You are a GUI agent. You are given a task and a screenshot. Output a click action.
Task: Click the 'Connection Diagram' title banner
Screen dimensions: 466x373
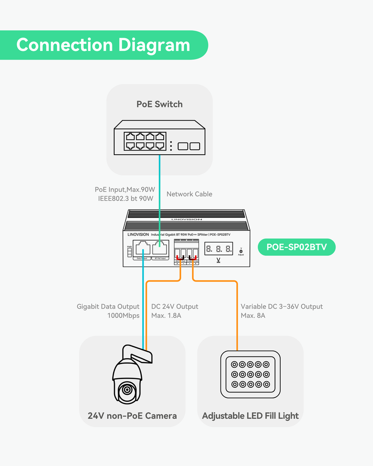[x=103, y=45]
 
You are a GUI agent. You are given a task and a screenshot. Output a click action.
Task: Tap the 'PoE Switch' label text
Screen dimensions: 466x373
[x=159, y=104]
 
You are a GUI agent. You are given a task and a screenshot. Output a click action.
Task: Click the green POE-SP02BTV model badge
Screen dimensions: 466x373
[x=297, y=247]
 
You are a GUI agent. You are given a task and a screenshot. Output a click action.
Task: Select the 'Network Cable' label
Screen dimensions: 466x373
[x=189, y=194]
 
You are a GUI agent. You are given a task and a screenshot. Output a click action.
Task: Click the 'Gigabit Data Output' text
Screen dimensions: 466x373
[x=108, y=307]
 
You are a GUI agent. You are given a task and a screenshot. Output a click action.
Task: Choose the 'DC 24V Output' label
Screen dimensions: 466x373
[x=175, y=307]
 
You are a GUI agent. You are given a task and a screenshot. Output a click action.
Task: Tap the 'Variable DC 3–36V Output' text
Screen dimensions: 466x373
[x=282, y=307]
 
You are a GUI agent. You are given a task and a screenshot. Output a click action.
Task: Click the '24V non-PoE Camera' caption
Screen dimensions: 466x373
[x=132, y=416]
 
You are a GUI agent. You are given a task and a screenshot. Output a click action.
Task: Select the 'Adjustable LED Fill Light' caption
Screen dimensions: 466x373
[x=250, y=416]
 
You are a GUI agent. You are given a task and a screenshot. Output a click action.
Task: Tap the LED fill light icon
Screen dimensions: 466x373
[x=250, y=375]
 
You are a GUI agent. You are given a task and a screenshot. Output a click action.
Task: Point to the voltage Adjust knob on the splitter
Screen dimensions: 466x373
[x=241, y=251]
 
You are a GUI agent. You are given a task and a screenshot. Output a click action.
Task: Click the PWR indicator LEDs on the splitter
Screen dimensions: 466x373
[x=129, y=251]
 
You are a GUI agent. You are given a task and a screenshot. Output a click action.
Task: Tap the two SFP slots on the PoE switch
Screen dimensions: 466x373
[x=189, y=146]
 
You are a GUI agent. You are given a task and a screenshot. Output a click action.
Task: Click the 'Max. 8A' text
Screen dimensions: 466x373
[x=253, y=315]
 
